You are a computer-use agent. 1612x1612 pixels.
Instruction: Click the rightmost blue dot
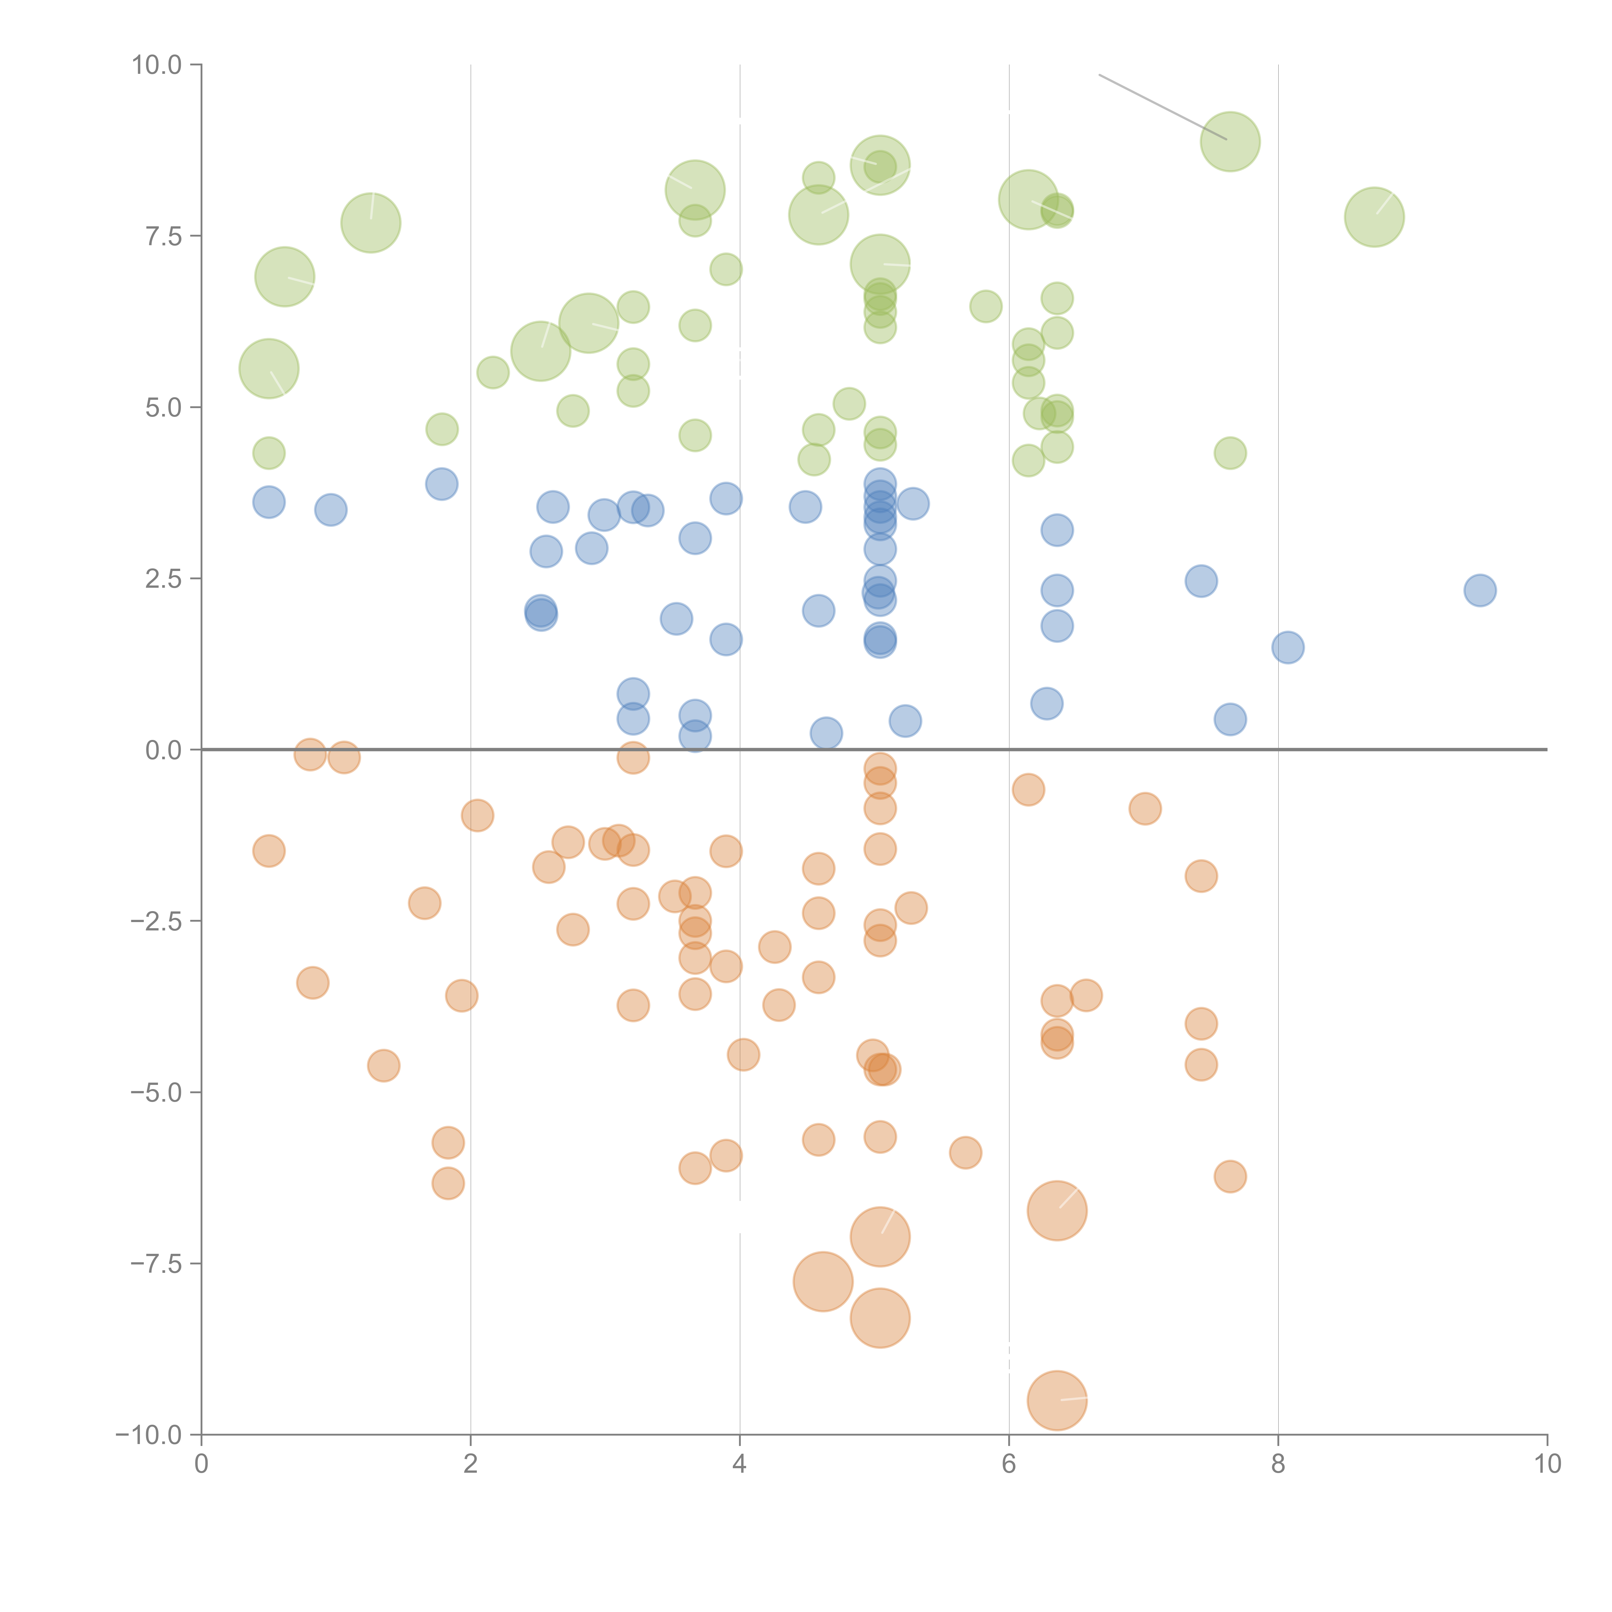[1479, 590]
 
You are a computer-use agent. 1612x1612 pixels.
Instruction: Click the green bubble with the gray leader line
[1230, 141]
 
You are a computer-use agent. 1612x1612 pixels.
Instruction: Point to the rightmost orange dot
[1230, 1176]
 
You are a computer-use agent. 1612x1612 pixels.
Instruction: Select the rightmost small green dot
[1230, 453]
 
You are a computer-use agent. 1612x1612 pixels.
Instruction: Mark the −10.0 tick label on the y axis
[149, 1435]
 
